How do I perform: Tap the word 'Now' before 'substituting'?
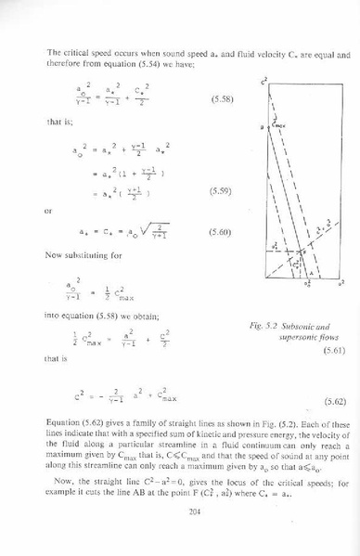[54, 254]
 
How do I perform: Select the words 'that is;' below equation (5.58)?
[58, 121]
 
